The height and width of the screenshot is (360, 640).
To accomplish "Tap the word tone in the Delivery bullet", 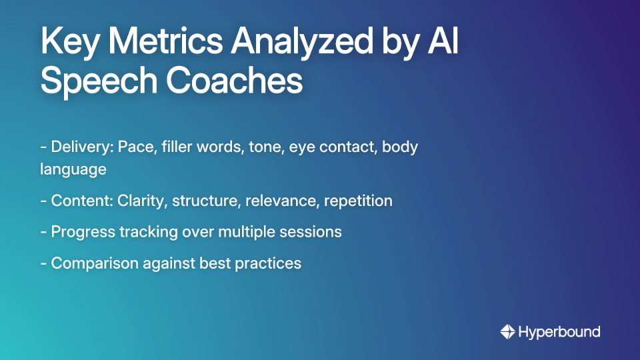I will tap(266, 147).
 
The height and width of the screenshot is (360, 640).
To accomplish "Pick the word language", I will tap(73, 169).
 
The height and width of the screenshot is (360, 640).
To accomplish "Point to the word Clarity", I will tap(141, 201).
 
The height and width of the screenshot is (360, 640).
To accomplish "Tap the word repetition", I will tap(358, 201).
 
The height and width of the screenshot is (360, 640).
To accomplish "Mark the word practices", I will tap(268, 263).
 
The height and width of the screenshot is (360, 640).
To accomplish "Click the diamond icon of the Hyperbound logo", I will tap(507, 331).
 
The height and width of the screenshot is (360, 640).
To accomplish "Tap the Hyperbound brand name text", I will tap(559, 331).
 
